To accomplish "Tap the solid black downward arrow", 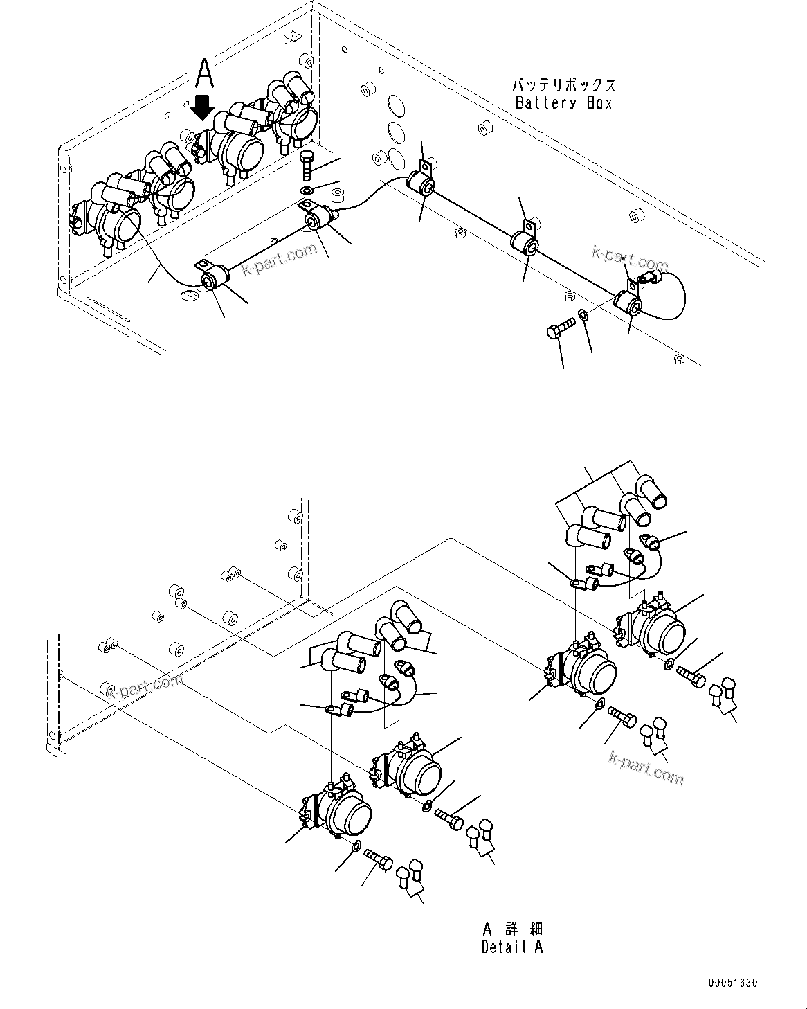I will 202,107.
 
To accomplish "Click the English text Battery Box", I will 563,102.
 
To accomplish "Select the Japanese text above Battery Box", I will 563,86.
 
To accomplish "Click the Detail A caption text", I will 512,947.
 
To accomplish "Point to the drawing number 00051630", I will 732,983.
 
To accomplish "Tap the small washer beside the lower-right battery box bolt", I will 583,315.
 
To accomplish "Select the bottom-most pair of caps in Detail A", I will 410,876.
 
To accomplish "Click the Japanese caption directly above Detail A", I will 512,929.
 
